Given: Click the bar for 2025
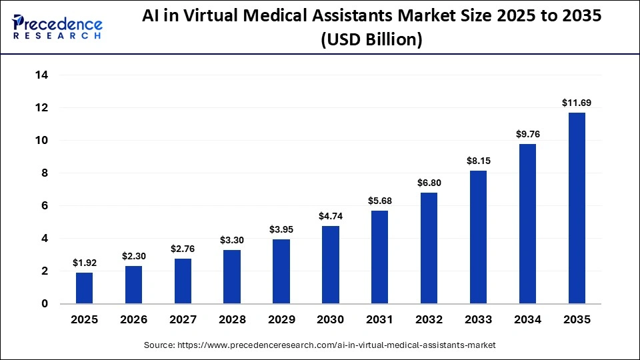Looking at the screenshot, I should (84, 288).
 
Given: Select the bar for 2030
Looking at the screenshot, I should (331, 265).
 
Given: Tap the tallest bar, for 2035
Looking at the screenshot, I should (577, 208).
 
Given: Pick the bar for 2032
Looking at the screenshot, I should (429, 248).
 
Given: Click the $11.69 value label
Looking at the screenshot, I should (577, 103).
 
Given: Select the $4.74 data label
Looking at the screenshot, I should (331, 216).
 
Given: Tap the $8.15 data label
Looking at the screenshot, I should (479, 161).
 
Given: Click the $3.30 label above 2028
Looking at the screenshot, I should (232, 240).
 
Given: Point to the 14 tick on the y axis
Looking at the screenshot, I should (41, 75).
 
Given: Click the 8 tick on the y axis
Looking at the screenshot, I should (45, 173).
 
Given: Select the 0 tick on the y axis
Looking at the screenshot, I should (45, 304).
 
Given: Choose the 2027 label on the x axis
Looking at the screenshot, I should (183, 320).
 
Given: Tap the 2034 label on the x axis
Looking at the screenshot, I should (527, 320).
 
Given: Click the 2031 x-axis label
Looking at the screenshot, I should (380, 320).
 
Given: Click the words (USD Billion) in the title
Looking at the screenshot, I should (372, 40).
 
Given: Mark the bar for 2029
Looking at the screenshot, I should (281, 271).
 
